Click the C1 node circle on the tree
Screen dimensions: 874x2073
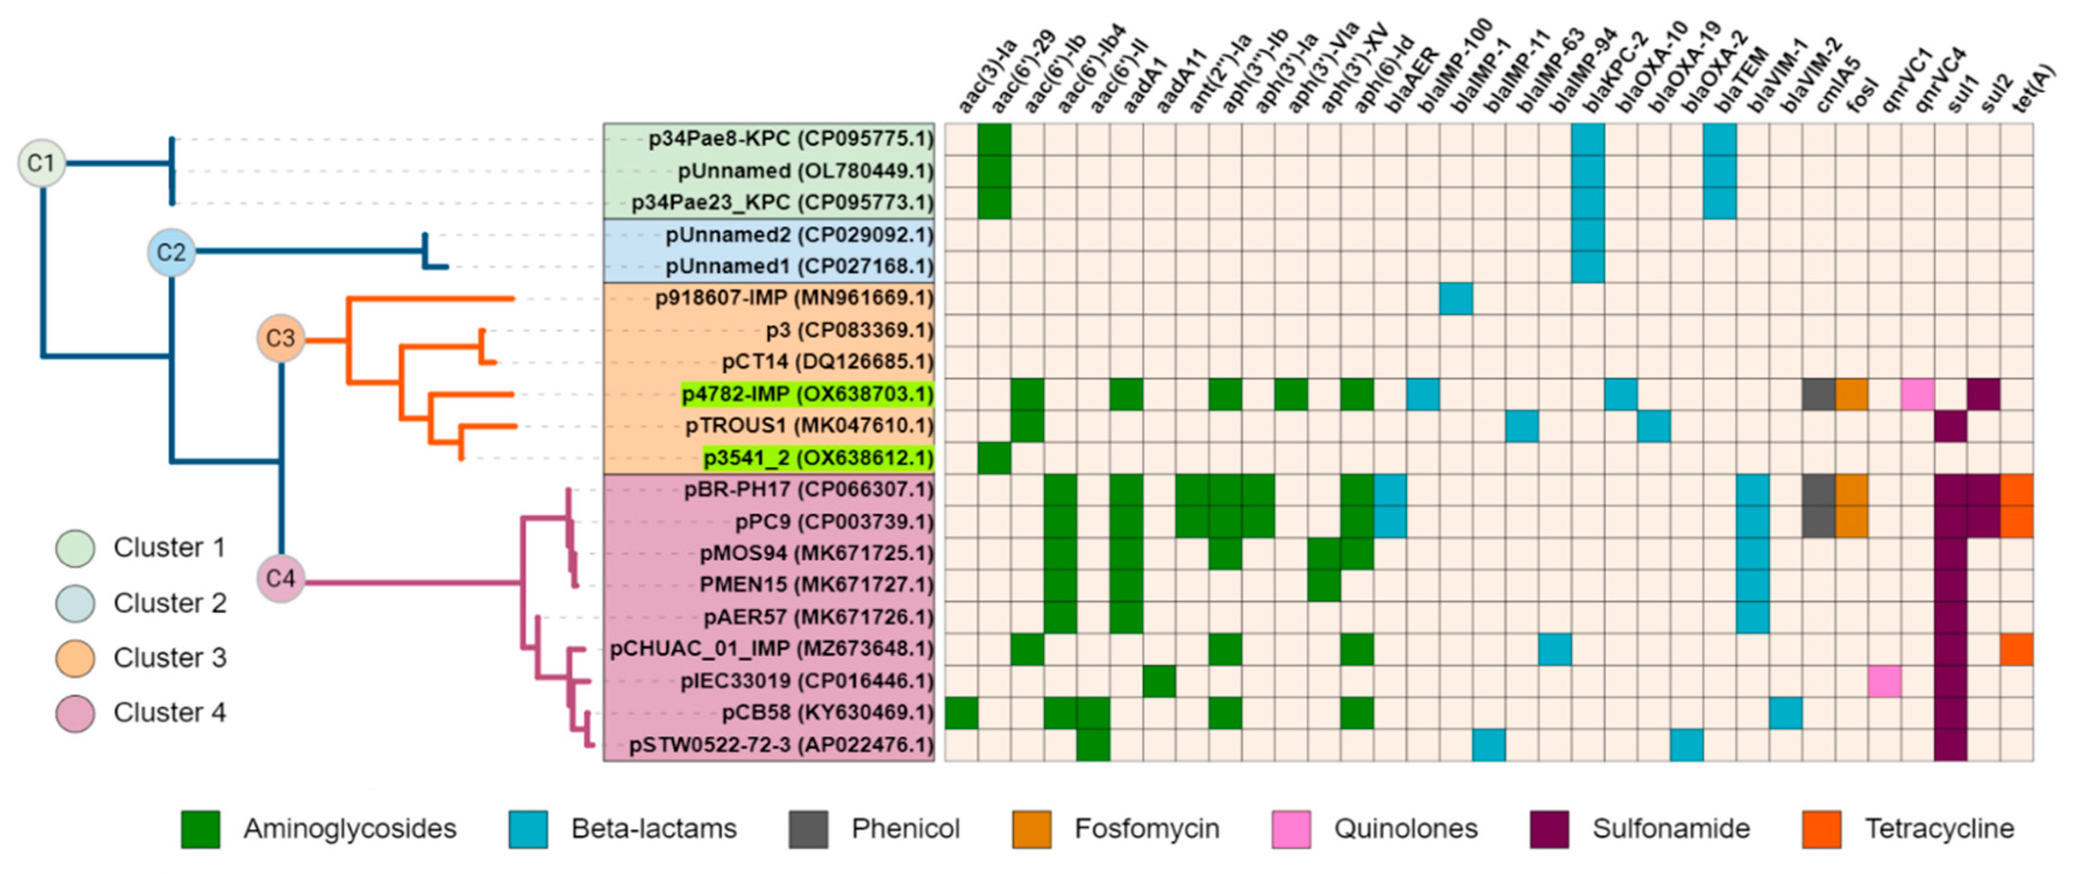(x=41, y=164)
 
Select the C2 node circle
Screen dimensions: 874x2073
(x=170, y=252)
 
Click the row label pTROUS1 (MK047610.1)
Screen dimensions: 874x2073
(x=808, y=426)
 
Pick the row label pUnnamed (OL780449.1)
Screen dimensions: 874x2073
(x=805, y=170)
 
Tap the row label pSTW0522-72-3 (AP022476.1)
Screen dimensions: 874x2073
(x=781, y=745)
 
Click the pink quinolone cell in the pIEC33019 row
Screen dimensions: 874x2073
(x=1885, y=681)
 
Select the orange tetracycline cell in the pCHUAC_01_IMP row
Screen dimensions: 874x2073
(x=2017, y=649)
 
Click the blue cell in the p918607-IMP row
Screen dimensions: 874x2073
(x=1456, y=299)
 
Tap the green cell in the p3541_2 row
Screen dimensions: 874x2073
(x=995, y=458)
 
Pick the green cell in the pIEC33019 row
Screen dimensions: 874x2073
(x=1159, y=681)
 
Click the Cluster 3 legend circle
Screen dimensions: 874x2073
(x=75, y=658)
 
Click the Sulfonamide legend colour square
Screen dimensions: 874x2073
(x=1549, y=829)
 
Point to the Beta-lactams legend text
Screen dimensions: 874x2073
(x=653, y=829)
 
